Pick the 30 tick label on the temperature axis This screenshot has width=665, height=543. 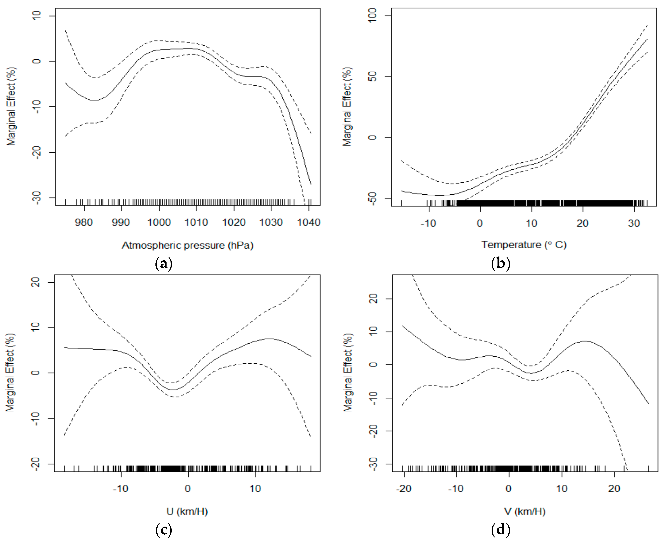click(x=634, y=223)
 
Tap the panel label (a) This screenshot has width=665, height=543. click(x=164, y=264)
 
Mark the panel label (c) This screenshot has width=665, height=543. click(x=164, y=530)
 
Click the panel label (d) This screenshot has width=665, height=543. click(x=501, y=530)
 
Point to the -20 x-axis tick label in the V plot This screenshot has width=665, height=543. click(x=404, y=489)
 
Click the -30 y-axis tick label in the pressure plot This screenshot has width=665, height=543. click(x=37, y=197)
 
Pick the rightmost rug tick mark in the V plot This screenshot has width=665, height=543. click(x=648, y=468)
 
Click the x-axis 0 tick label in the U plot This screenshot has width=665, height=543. click(x=188, y=489)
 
